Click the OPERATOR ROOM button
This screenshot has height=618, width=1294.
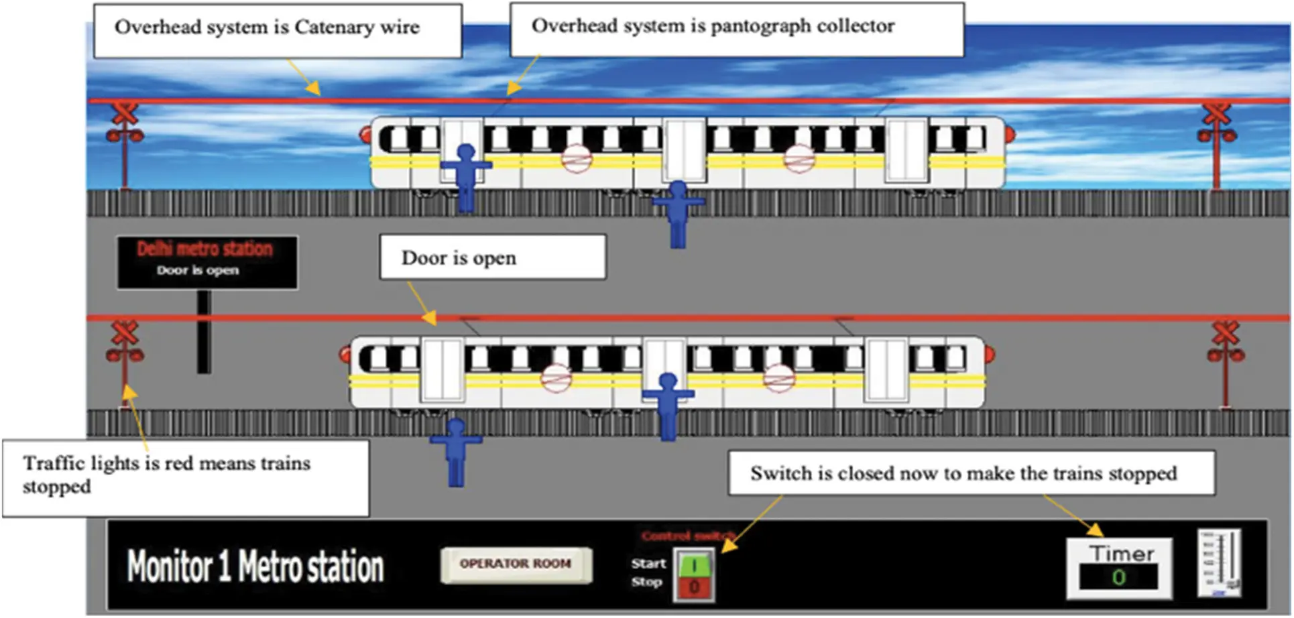516,564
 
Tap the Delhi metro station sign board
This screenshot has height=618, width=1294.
207,262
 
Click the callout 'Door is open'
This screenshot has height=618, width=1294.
493,257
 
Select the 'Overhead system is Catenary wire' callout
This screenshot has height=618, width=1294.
277,30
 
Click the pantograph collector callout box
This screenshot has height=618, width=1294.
736,29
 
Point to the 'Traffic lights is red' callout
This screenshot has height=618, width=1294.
185,477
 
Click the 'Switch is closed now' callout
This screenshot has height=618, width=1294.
971,473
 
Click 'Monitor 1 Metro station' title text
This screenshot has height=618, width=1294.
255,566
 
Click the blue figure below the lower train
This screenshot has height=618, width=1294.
456,451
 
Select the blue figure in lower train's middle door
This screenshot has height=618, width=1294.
668,406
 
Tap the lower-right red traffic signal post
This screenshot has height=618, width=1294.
1226,362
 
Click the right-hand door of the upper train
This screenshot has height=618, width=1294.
906,150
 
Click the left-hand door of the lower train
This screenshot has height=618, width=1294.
443,370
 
